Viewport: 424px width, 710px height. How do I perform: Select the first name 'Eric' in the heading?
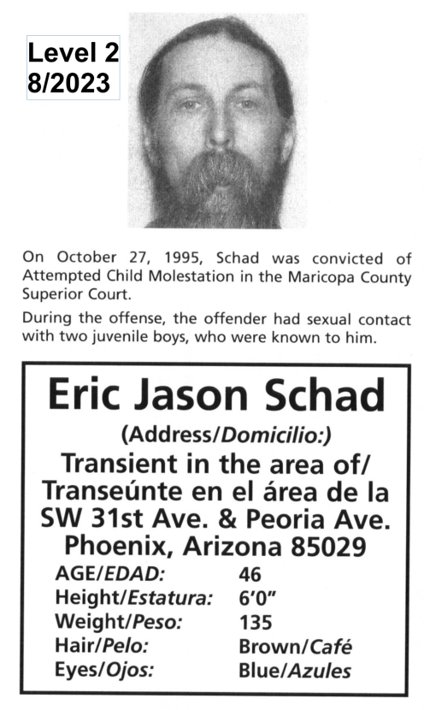(x=91, y=396)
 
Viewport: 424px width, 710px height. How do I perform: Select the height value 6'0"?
(x=256, y=599)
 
